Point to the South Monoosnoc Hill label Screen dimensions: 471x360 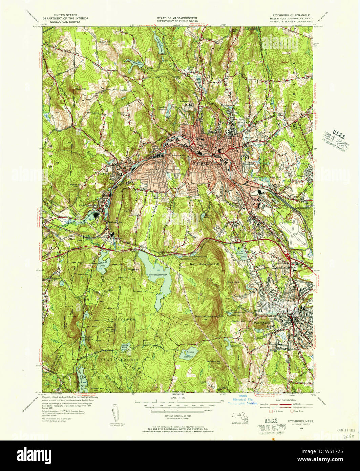pyautogui.click(x=209, y=316)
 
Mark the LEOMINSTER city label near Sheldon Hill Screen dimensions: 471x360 pyautogui.click(x=261, y=323)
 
